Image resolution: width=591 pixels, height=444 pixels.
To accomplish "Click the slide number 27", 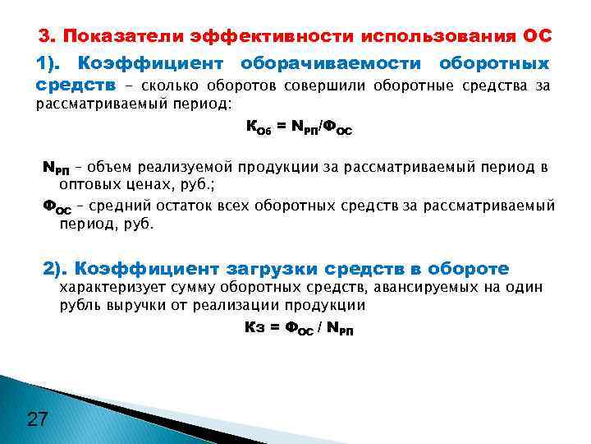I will pos(37,420).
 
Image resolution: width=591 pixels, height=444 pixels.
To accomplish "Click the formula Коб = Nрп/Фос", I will pos(299,127).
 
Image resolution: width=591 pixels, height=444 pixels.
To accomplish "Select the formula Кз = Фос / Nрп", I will pos(299,327).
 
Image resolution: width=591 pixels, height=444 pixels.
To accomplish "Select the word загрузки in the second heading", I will pos(280,269).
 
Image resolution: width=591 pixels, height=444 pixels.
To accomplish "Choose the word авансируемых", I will pos(419,287).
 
